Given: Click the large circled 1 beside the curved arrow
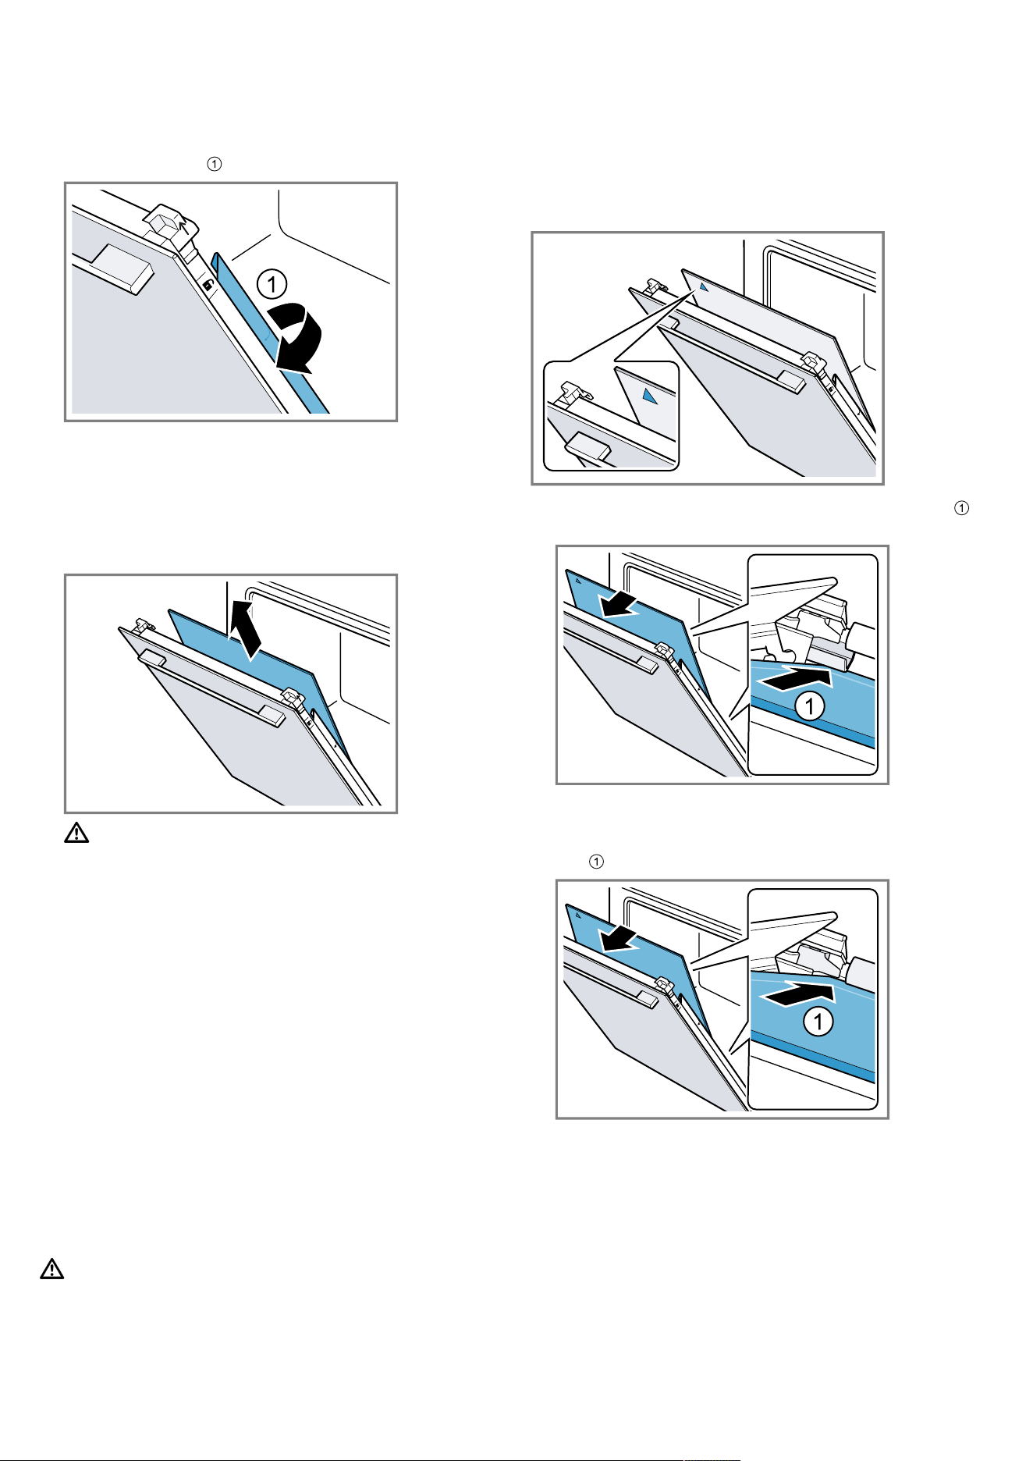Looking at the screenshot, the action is point(272,283).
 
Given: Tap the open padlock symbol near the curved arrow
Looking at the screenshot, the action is point(208,286).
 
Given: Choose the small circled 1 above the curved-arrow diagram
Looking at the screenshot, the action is point(215,165).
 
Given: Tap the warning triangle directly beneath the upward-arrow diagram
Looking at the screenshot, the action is point(76,834).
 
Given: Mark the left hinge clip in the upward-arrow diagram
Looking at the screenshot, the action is point(143,624).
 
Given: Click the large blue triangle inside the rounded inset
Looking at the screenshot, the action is point(651,395).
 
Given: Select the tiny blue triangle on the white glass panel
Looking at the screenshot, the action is point(703,286).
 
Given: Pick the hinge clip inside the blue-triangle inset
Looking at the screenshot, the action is point(572,389).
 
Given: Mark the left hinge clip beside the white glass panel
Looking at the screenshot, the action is point(655,289).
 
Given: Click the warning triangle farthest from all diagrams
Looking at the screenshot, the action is point(51,1268).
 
